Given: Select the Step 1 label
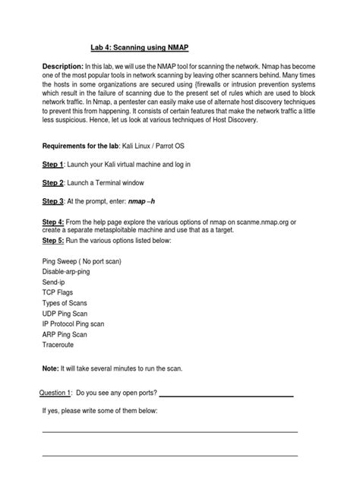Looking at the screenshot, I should [x=52, y=164].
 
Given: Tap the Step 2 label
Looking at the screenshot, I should [x=52, y=182].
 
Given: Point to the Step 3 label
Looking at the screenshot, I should [x=52, y=201].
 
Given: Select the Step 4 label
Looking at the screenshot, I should [x=52, y=222].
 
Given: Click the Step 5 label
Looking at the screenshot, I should [x=52, y=240].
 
